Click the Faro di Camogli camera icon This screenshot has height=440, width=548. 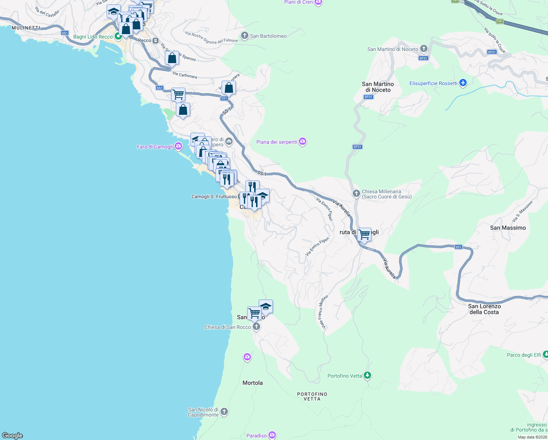point(178,147)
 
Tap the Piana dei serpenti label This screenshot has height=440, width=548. point(277,142)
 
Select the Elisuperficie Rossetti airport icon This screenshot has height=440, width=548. point(463,83)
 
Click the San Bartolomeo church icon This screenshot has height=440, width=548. point(244,36)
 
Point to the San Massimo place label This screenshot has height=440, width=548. point(508,228)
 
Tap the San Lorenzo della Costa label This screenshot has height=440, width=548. point(484,309)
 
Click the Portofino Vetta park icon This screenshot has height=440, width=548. point(367,375)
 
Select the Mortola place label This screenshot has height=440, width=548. point(252,383)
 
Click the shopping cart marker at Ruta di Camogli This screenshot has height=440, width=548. point(364,234)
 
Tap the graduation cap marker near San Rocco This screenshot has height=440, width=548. point(266,307)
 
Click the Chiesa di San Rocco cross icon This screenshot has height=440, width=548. point(256,327)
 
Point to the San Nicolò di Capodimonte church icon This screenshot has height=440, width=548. point(224,412)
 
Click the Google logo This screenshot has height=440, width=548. point(12,435)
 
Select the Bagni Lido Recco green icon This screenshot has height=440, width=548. point(118,36)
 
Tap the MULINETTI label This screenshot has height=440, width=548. point(26,28)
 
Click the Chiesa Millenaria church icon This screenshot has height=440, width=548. point(356,193)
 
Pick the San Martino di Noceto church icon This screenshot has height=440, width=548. point(424,49)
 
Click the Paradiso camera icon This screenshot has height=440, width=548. point(272,435)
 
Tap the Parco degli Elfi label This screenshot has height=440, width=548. point(524,355)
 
